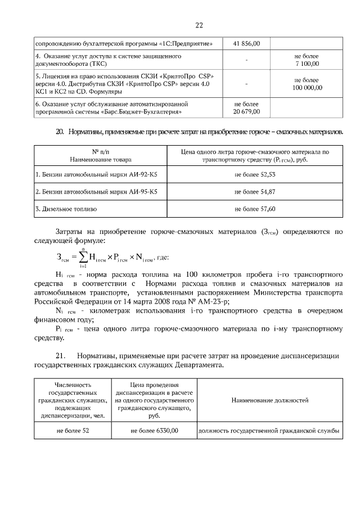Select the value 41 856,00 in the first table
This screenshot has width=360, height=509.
coord(247,43)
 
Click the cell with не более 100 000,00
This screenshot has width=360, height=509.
coord(307,84)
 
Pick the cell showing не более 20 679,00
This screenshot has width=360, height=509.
coord(247,108)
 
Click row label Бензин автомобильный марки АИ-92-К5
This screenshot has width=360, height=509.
coord(96,175)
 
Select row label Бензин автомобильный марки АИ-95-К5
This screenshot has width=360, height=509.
coord(96,192)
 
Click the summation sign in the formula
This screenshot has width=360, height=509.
coord(83,257)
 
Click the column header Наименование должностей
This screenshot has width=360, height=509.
coord(269,400)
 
